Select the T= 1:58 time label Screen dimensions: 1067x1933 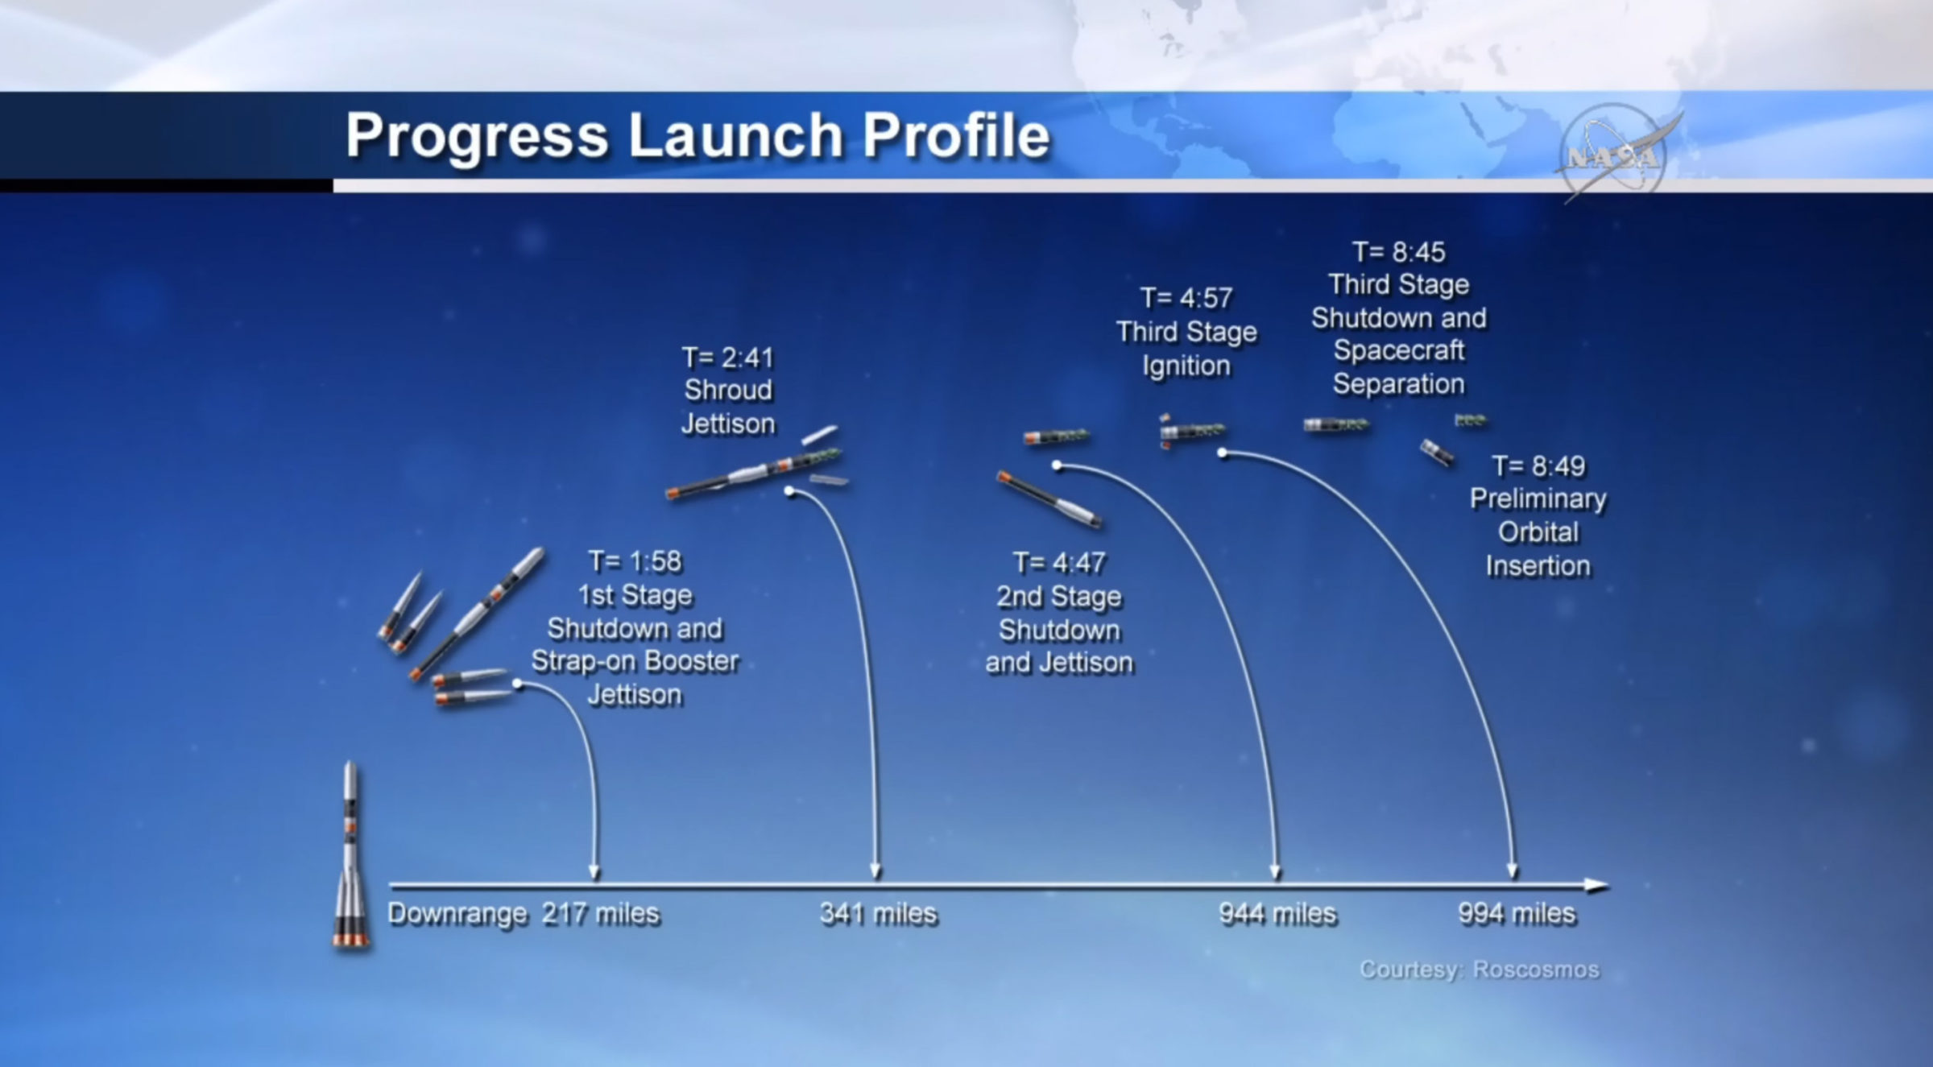click(635, 561)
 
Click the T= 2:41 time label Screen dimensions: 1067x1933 click(727, 358)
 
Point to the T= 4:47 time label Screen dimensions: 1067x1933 click(1058, 563)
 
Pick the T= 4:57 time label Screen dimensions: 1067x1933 click(1186, 299)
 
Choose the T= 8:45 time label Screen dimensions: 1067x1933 click(1399, 252)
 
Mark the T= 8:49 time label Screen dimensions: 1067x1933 click(1538, 466)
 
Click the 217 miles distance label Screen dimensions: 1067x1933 click(601, 914)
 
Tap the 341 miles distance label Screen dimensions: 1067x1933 click(878, 914)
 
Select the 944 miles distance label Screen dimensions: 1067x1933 click(1277, 914)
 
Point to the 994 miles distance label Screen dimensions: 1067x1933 click(1517, 914)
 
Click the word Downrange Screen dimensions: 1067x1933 click(457, 914)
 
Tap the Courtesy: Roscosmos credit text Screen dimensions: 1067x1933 click(1479, 970)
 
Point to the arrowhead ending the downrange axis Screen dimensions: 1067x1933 click(1596, 885)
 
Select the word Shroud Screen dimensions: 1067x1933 click(728, 391)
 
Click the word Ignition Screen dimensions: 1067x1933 click(1186, 366)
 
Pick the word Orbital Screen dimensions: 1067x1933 click(1538, 532)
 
